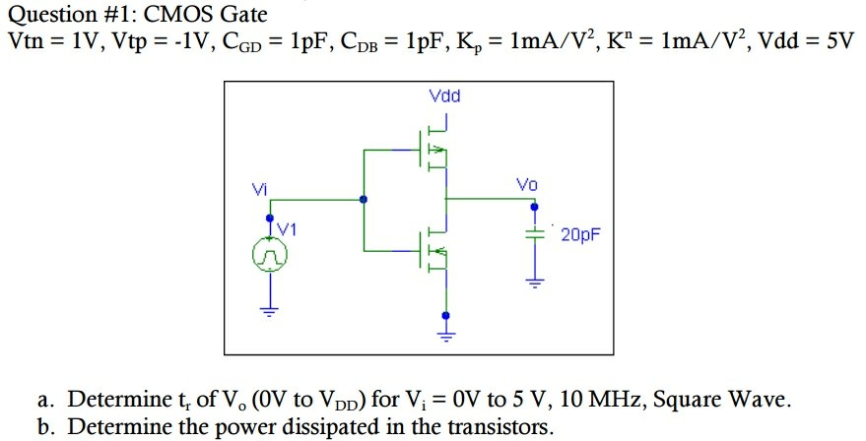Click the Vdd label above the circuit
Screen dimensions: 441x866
click(x=445, y=96)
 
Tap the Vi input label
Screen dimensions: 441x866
click(x=258, y=188)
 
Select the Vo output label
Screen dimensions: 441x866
click(x=527, y=185)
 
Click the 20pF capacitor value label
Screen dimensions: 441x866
click(x=580, y=235)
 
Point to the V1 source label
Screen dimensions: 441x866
click(x=287, y=228)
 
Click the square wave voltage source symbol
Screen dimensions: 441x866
click(x=269, y=257)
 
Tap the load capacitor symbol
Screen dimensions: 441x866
click(x=534, y=237)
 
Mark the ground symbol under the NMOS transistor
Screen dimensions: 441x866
click(x=446, y=335)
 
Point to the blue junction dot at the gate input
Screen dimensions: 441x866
click(x=365, y=199)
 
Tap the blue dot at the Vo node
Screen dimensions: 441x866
click(x=534, y=208)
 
